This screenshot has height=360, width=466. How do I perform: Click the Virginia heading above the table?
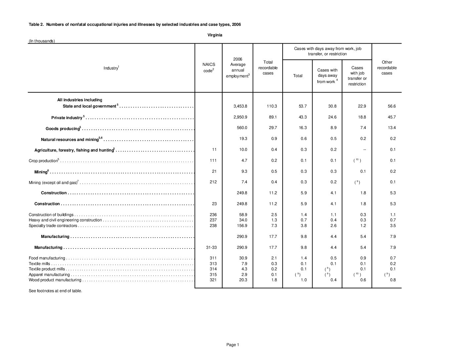tap(215, 35)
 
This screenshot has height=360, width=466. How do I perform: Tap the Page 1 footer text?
tap(232, 345)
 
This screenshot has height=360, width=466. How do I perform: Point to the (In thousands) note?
tap(42, 41)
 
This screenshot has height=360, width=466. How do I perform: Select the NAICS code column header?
tap(209, 67)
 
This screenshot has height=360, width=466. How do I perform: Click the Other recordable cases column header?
tap(387, 67)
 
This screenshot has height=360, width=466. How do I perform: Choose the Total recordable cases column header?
tap(268, 67)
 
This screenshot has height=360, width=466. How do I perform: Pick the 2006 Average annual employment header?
tap(238, 67)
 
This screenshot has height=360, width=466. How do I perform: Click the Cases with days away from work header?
tap(327, 76)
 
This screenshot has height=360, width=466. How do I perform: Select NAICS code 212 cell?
tap(213, 182)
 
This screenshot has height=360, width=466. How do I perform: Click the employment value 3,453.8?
tap(240, 106)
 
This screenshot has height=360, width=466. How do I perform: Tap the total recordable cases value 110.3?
tap(272, 106)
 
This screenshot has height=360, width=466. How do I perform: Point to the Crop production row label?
tap(43, 161)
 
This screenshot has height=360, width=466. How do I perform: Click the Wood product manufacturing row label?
tap(55, 280)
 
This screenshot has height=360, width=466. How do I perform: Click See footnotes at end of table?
tap(55, 291)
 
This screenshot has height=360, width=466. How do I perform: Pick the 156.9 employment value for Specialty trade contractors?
tap(242, 226)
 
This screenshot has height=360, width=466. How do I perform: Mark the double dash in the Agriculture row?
tap(364, 150)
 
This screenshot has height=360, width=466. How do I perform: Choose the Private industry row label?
tap(67, 118)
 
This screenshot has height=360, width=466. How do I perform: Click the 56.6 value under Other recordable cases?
tap(392, 106)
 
